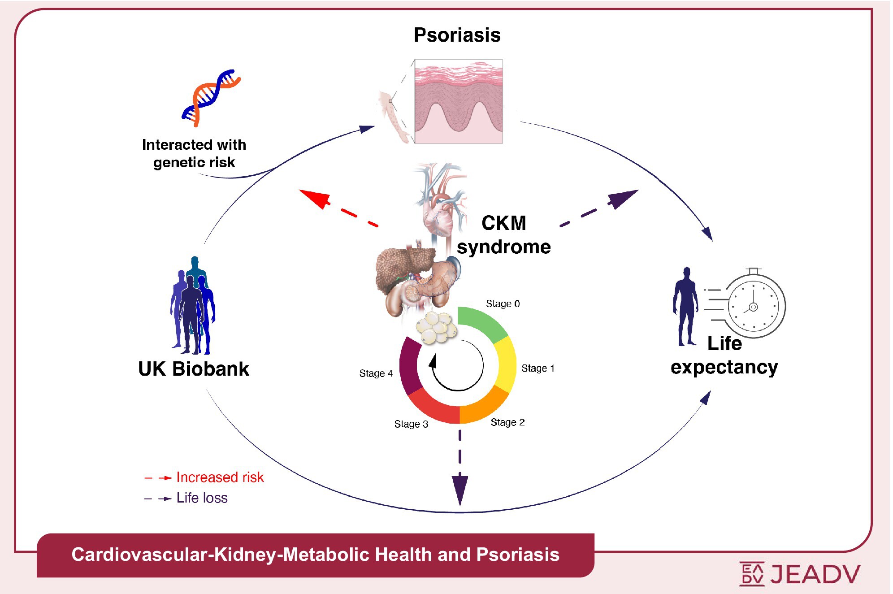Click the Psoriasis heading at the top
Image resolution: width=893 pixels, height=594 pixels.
tap(457, 35)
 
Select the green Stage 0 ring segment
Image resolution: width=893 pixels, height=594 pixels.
tap(481, 323)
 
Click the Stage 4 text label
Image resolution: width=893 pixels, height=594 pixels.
tap(376, 373)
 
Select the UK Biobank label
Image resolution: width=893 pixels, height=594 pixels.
tap(193, 369)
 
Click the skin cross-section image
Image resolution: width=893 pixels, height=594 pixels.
tap(458, 101)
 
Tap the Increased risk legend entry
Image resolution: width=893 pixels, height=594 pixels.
tap(220, 477)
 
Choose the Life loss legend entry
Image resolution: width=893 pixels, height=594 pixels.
tap(202, 498)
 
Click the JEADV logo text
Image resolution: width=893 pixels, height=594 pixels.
tap(815, 574)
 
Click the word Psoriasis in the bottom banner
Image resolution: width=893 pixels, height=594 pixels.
tap(517, 555)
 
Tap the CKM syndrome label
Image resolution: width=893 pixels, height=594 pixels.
tap(503, 235)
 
